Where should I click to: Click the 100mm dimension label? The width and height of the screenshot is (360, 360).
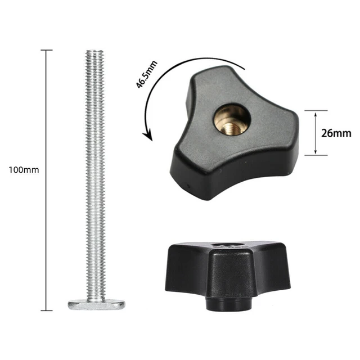24,169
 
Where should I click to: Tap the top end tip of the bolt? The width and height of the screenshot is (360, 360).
93,52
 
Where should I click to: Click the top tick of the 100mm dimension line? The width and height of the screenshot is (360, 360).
46,51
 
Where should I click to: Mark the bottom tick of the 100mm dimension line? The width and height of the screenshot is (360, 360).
46,310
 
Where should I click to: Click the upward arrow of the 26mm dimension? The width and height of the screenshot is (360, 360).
315,114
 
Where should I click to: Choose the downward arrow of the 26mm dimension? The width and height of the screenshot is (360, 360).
315,152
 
